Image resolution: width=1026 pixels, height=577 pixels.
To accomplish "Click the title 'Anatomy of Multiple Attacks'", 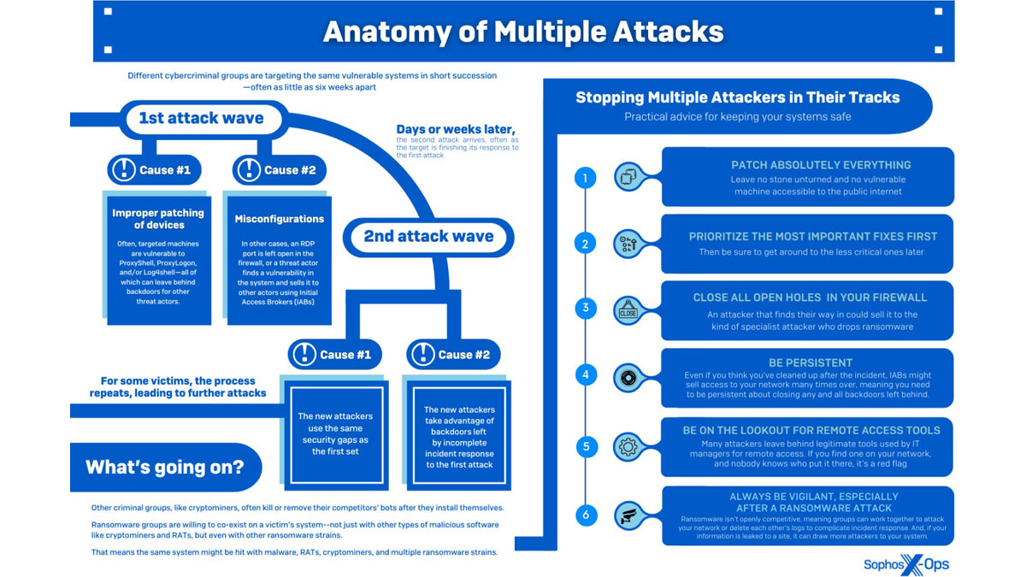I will pyautogui.click(x=523, y=32).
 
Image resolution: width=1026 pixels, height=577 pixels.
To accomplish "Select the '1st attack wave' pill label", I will pyautogui.click(x=201, y=118).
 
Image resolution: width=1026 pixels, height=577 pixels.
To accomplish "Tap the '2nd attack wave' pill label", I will pyautogui.click(x=428, y=236).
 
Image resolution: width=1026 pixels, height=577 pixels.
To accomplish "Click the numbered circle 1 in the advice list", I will pyautogui.click(x=586, y=178).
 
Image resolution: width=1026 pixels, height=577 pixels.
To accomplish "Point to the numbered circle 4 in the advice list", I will pyautogui.click(x=586, y=375).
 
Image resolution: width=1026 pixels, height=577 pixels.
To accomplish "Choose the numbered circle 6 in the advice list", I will pyautogui.click(x=586, y=515).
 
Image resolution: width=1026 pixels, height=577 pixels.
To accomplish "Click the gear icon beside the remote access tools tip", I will pyautogui.click(x=628, y=446).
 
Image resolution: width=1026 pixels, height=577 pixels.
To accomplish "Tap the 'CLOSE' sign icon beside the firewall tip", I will pyautogui.click(x=628, y=312).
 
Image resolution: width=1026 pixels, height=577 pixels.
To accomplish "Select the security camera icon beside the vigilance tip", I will pyautogui.click(x=628, y=515).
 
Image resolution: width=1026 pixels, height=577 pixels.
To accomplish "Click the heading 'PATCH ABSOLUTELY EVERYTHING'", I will pyautogui.click(x=808, y=165).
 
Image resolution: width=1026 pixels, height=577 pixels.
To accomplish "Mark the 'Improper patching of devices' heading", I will pyautogui.click(x=158, y=219).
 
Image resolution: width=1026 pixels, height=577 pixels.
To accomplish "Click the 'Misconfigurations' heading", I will pyautogui.click(x=280, y=220).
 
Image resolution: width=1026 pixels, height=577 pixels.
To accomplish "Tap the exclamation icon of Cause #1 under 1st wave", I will pyautogui.click(x=125, y=170).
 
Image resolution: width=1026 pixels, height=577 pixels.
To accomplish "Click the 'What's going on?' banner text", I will pyautogui.click(x=164, y=467).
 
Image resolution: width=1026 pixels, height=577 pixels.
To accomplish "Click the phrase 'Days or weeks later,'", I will pyautogui.click(x=455, y=129).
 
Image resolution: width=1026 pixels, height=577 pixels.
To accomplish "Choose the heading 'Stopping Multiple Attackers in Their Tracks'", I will pyautogui.click(x=737, y=97).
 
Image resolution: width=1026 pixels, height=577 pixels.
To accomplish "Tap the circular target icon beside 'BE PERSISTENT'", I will pyautogui.click(x=628, y=376).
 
